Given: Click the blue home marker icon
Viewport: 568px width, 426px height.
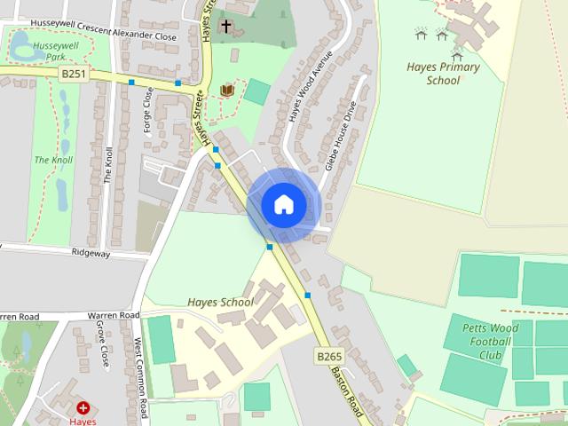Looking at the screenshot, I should pos(284,205).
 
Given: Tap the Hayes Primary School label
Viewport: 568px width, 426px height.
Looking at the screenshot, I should pos(443,74).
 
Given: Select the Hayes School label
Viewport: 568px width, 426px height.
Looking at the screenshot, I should pos(220,302).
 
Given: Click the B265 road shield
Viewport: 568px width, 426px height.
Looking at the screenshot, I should pos(329,357).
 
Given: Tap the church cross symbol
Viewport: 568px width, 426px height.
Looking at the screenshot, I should pos(226,26).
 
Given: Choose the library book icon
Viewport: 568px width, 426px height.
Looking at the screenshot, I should pos(226,91).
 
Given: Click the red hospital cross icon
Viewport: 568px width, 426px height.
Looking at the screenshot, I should pos(83,408).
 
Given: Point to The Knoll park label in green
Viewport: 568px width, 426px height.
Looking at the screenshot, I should pos(53,160).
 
